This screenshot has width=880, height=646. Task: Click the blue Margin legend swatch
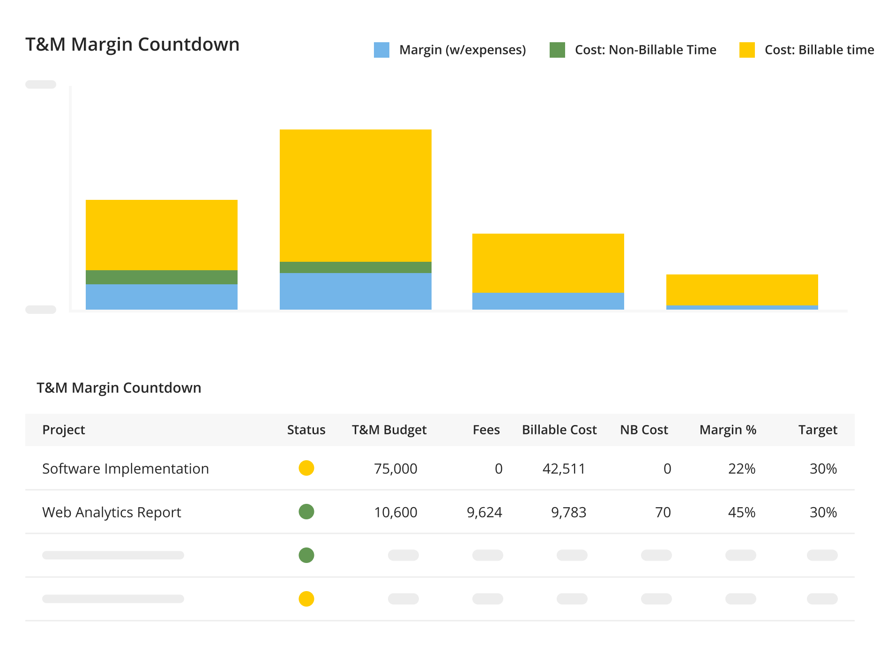point(381,50)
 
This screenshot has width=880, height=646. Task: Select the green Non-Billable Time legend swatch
point(557,50)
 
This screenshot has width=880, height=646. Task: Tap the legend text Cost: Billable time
point(819,50)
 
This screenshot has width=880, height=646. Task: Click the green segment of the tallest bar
point(355,267)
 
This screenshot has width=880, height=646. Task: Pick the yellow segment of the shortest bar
point(742,289)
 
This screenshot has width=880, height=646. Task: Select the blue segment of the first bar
point(161,296)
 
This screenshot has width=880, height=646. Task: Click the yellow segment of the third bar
point(548,263)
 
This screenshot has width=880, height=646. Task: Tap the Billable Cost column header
point(559,430)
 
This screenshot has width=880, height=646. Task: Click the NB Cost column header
point(644,430)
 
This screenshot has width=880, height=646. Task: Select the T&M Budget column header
point(389,430)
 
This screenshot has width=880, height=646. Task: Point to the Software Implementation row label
point(125,469)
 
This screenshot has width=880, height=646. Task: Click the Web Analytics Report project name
point(112,512)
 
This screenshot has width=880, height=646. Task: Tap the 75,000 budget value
point(395,469)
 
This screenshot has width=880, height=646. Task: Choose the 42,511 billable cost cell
point(564,469)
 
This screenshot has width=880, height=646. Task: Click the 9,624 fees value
point(484,512)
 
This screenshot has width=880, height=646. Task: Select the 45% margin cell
point(741,512)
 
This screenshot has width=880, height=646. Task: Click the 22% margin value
point(741,469)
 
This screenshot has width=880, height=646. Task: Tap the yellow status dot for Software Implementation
point(306,468)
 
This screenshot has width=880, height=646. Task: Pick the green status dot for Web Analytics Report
point(306,511)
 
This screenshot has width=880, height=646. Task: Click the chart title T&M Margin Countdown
point(132,45)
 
